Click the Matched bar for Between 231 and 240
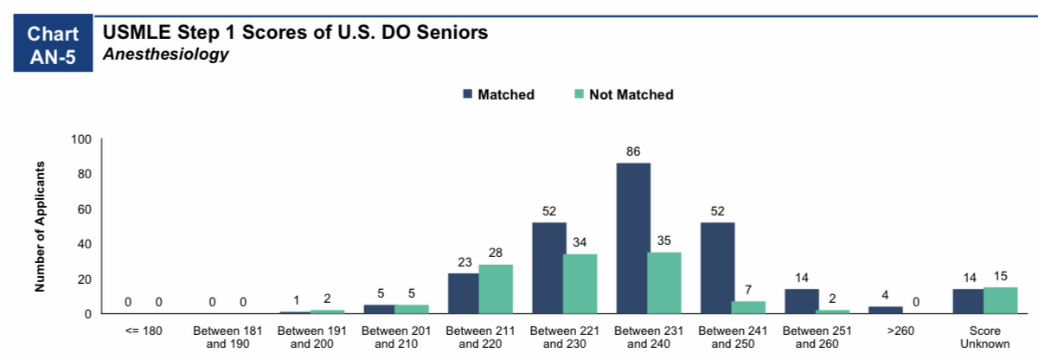tap(633, 238)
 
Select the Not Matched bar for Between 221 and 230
tap(580, 284)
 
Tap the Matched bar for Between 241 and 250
tap(717, 268)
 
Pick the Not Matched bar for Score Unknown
tap(1001, 300)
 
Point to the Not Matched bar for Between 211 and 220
tap(496, 289)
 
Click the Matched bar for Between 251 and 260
tap(802, 301)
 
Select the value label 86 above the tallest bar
tap(633, 151)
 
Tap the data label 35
tap(664, 241)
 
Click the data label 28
tap(496, 253)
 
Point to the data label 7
tap(748, 290)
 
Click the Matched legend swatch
tap(468, 94)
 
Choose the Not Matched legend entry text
tap(631, 94)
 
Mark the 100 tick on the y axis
tap(81, 139)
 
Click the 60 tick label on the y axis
tap(85, 209)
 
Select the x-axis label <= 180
tap(144, 331)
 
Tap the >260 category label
tap(900, 331)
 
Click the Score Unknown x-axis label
tap(984, 337)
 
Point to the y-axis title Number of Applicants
tap(40, 227)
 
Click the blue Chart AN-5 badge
tap(53, 43)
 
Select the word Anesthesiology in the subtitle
tap(166, 55)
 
